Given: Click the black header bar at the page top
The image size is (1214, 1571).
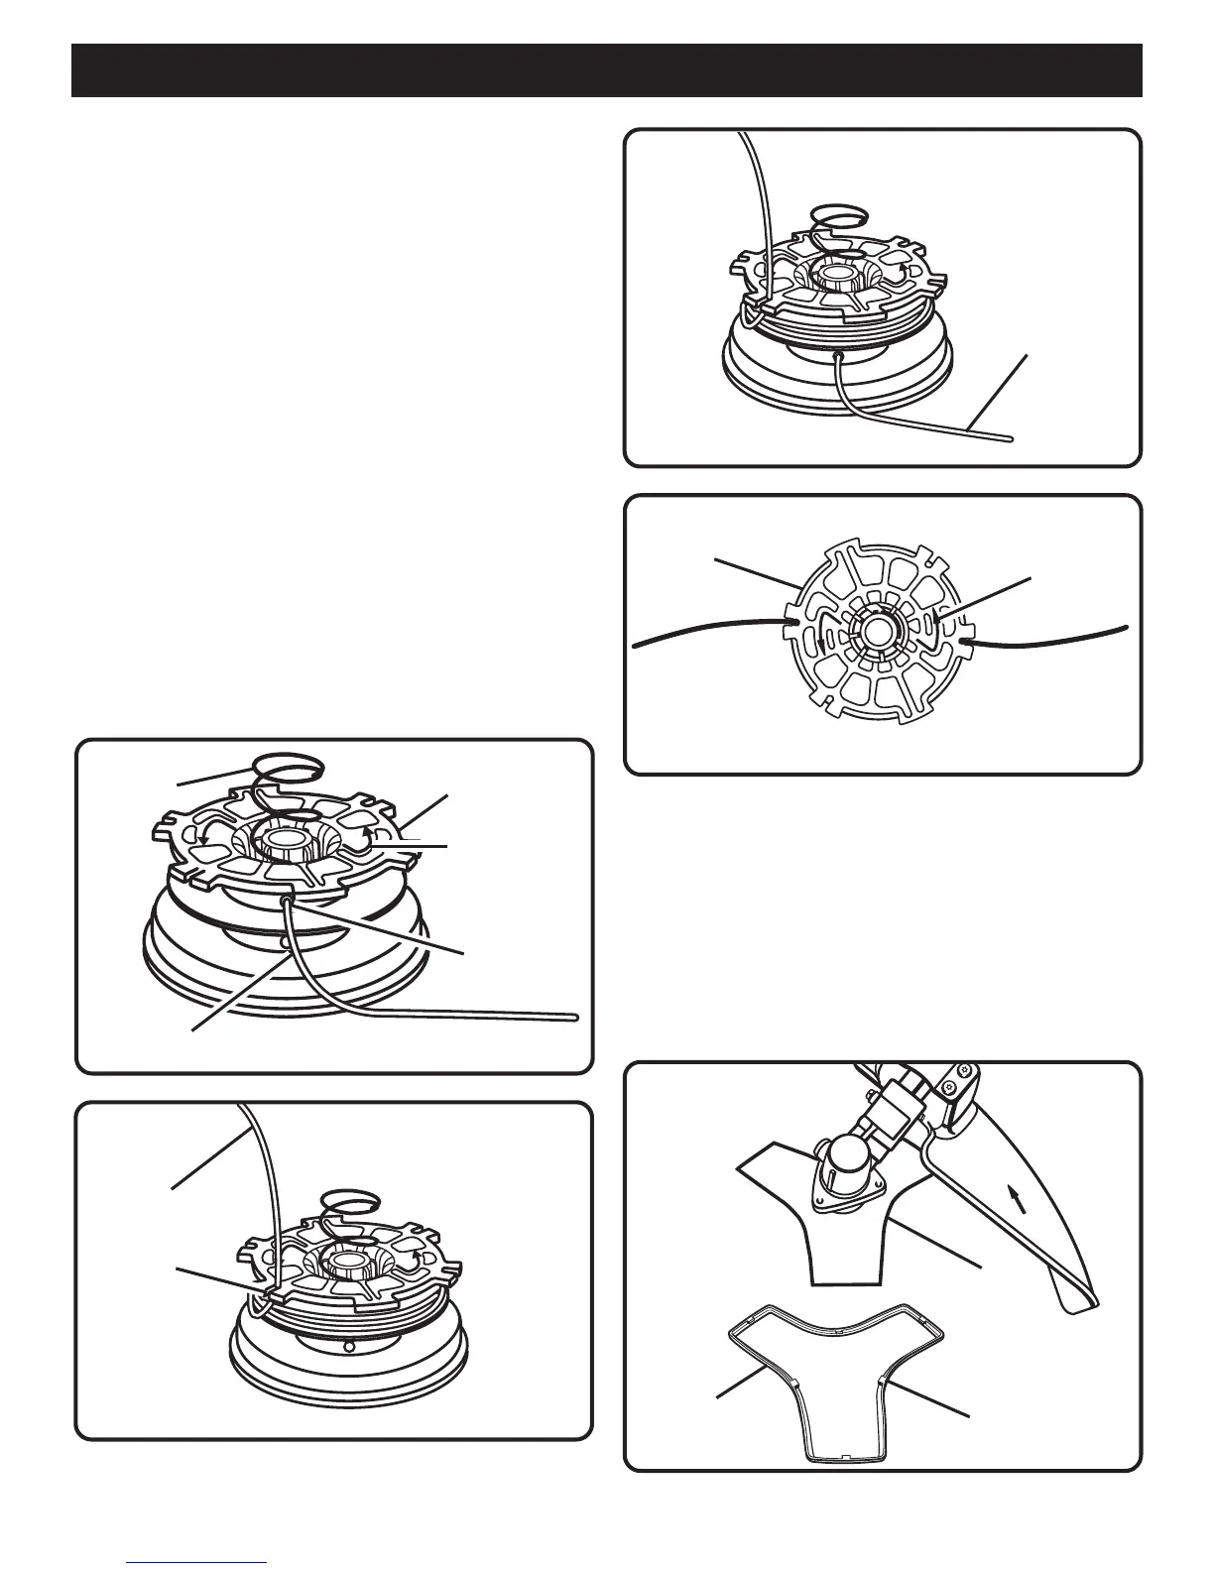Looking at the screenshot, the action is (607, 70).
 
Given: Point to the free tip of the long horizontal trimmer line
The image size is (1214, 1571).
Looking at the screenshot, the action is (574, 1015).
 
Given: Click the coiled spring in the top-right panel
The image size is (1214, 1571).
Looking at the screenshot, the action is (839, 214).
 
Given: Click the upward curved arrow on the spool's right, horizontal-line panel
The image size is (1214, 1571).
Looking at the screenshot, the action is (371, 838).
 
